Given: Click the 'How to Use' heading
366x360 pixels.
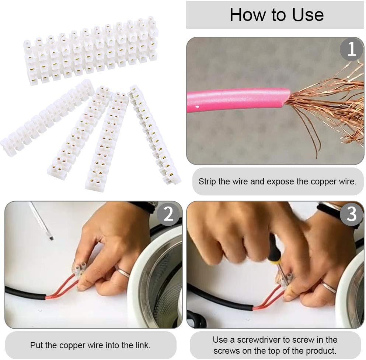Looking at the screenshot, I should click(276, 15).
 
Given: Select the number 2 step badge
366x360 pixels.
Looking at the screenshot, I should click(168, 214).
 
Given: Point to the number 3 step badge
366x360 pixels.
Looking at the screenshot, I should click(351, 214).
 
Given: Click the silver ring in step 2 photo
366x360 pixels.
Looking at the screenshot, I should click(124, 272).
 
